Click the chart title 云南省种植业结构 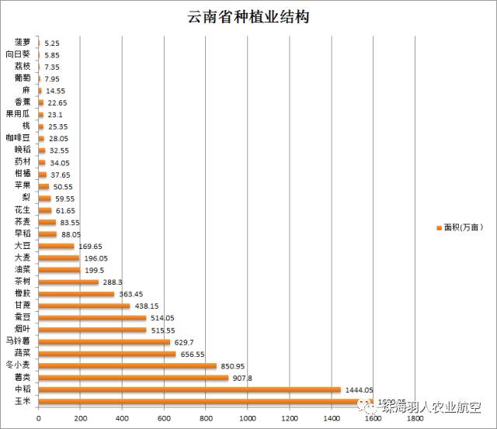[248, 17]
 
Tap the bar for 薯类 [133, 378]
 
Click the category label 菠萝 [23, 43]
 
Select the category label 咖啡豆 [19, 138]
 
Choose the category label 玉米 [23, 402]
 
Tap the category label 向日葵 [19, 54]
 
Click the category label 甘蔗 [23, 306]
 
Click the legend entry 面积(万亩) [464, 227]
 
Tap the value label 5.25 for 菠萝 [53, 43]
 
